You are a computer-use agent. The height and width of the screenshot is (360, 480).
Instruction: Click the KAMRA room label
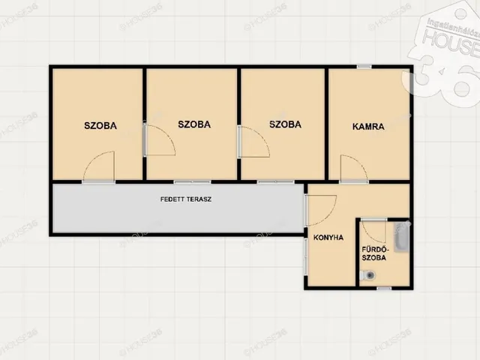point(368,127)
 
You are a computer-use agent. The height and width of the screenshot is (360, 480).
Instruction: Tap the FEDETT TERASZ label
point(186,199)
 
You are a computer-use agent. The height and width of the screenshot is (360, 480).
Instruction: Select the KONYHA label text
point(328,238)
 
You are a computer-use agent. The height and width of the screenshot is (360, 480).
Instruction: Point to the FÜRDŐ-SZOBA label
point(374,253)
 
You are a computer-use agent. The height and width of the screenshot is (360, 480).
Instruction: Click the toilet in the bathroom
point(368,275)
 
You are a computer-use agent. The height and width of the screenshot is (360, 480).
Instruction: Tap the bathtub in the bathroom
point(401,237)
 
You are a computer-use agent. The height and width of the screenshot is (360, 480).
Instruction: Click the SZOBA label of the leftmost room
point(100,126)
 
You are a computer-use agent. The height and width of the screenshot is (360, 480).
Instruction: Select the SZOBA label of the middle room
point(194,124)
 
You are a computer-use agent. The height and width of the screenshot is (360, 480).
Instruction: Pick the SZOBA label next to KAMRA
point(285,124)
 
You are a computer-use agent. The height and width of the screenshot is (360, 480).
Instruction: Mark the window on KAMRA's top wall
point(364,67)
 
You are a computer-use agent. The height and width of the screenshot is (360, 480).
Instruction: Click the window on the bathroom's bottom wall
point(384,288)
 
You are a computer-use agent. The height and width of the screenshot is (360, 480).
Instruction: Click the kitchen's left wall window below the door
point(306,256)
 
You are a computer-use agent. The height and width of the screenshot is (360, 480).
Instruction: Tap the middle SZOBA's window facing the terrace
point(192,181)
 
